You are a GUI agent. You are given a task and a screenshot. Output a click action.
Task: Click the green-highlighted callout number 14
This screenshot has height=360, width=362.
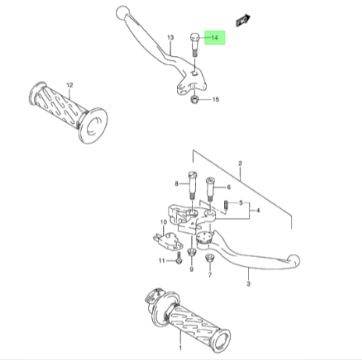click(x=215, y=37)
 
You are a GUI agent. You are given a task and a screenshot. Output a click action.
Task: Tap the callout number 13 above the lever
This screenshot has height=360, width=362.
click(x=170, y=37)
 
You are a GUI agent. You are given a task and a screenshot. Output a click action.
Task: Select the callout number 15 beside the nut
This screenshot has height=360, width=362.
click(x=215, y=99)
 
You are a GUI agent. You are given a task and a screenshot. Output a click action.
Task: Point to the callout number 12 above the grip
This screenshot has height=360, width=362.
click(x=69, y=85)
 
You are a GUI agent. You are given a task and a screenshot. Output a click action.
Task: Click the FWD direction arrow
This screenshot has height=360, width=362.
click(x=243, y=20)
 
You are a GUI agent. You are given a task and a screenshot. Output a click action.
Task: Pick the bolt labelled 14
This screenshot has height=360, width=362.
click(x=195, y=44)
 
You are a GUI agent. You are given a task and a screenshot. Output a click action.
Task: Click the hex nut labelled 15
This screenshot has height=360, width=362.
click(x=194, y=99)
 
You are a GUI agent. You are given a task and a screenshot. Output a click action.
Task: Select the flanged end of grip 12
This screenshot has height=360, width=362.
click(x=93, y=125)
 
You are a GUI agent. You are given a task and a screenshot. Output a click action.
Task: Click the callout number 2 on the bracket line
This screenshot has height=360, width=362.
click(x=240, y=164)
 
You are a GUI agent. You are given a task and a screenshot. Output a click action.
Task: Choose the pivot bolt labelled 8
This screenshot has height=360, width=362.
click(x=192, y=185)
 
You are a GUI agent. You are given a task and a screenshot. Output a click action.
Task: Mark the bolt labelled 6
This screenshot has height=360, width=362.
click(x=210, y=189)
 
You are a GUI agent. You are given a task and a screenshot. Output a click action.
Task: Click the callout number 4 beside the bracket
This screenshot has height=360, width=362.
click(x=257, y=210)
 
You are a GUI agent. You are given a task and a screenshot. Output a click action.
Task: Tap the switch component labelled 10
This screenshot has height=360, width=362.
click(x=168, y=241)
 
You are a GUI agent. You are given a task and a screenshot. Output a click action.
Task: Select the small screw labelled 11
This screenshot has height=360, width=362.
click(x=179, y=258)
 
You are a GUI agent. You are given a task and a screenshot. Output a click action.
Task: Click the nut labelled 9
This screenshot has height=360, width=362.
click(x=191, y=252)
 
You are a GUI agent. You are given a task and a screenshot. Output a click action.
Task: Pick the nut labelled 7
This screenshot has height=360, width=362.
click(x=209, y=258)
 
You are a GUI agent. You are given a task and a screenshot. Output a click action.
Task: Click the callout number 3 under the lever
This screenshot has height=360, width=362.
click(x=248, y=284)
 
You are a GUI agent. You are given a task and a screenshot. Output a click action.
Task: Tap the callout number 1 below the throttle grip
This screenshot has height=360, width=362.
click(x=180, y=348)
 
